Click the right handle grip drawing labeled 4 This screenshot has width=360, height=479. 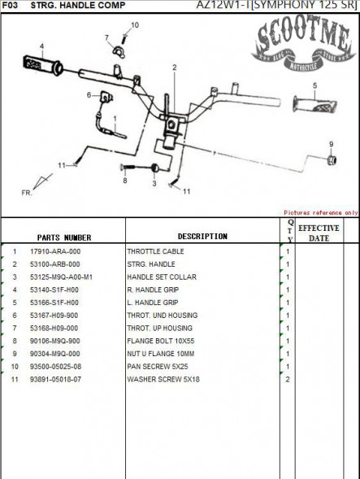[x=43, y=65]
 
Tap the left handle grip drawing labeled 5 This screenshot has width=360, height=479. [x=314, y=105]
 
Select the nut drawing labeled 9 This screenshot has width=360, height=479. [x=332, y=159]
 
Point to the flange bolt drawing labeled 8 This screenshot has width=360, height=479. [x=128, y=167]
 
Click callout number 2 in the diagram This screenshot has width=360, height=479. [x=175, y=67]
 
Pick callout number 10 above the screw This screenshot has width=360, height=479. [x=135, y=25]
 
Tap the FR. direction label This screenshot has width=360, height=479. [x=27, y=193]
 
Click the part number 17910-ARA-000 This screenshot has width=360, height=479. [x=55, y=251]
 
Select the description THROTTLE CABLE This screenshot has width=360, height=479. [x=155, y=251]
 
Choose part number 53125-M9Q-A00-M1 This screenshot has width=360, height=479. [x=61, y=277]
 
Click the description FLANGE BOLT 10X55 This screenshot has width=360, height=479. [x=161, y=341]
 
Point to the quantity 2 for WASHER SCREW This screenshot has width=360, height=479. [x=288, y=380]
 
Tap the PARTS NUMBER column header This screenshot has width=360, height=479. [x=64, y=237]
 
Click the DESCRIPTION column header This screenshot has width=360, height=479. [x=202, y=236]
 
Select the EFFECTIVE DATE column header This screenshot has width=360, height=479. [x=319, y=233]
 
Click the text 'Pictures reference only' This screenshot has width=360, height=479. [x=321, y=212]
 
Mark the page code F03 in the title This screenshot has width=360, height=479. [x=10, y=5]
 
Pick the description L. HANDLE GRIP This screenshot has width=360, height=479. [x=153, y=303]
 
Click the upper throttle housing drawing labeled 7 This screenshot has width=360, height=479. [x=119, y=52]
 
